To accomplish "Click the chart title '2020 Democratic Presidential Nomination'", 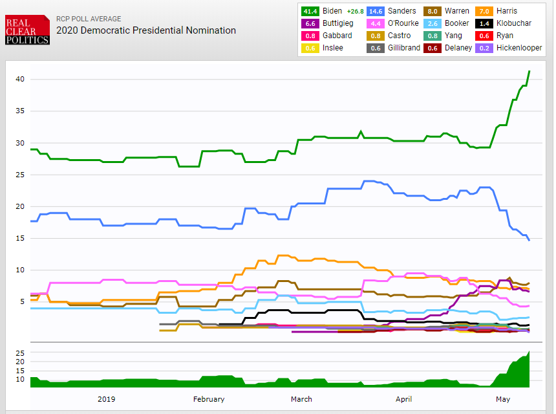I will pos(145,30).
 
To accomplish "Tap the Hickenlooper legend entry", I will pos(519,48).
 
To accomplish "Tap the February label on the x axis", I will pos(208,399).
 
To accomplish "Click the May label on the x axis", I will pos(502,399).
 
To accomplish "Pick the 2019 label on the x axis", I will pos(106,399).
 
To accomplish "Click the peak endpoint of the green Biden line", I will pos(529,71).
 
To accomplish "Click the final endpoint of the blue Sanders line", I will pos(529,241).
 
